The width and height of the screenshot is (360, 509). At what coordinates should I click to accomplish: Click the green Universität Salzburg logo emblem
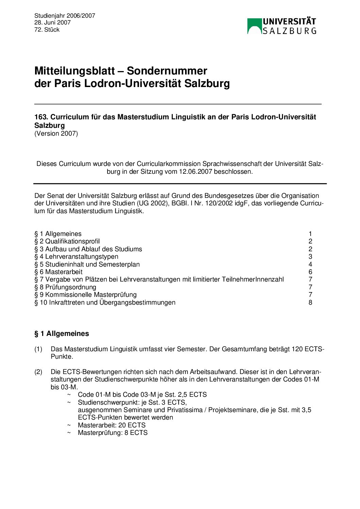(x=254, y=26)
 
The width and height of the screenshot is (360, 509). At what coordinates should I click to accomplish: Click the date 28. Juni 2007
(x=52, y=22)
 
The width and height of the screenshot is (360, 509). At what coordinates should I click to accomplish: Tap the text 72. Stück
(x=47, y=30)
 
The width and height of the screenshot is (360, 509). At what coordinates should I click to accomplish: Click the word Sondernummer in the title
(x=167, y=71)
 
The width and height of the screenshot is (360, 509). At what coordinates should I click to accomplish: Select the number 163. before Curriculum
(x=41, y=117)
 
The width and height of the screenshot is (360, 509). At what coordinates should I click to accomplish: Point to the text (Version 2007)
(x=56, y=133)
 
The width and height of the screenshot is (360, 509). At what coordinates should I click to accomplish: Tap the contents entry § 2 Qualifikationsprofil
(x=67, y=241)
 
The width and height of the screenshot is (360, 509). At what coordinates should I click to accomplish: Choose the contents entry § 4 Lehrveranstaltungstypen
(x=76, y=257)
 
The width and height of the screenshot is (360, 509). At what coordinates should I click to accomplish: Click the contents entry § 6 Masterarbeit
(x=58, y=272)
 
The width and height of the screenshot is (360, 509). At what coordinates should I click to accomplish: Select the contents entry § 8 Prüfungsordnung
(x=65, y=287)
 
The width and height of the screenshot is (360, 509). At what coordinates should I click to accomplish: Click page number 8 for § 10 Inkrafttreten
(x=310, y=303)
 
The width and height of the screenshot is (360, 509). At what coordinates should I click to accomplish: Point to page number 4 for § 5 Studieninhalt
(x=310, y=264)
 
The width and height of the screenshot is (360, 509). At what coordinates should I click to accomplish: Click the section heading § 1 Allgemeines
(x=62, y=334)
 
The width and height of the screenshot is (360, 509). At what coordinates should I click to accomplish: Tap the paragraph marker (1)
(x=38, y=349)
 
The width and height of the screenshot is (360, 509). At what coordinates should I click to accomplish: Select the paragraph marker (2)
(x=38, y=372)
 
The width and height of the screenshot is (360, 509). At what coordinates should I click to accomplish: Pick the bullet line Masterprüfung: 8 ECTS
(x=113, y=433)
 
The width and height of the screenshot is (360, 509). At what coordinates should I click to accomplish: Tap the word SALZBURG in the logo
(x=290, y=31)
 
